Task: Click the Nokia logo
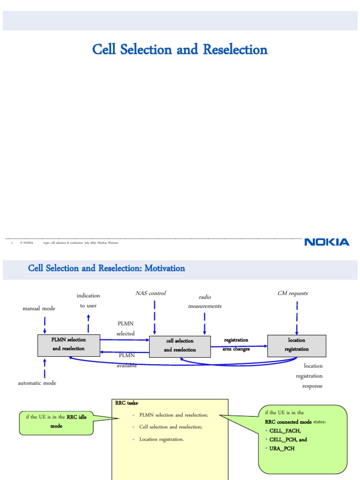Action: pos(327,242)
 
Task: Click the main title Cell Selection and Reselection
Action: pos(180,49)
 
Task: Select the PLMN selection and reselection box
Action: pos(69,344)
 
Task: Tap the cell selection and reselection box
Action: pos(180,345)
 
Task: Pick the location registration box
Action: pos(296,345)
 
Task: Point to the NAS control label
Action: pos(150,293)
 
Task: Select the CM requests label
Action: pos(292,293)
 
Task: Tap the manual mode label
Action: pos(39,308)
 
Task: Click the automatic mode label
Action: pos(37,383)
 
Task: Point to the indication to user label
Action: pos(88,300)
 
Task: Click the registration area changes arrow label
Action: pos(236,345)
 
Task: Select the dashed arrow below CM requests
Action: pos(297,317)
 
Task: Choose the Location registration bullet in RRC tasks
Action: pos(161,439)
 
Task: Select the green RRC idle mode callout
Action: pos(56,421)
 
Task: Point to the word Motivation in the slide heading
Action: pos(165,269)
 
